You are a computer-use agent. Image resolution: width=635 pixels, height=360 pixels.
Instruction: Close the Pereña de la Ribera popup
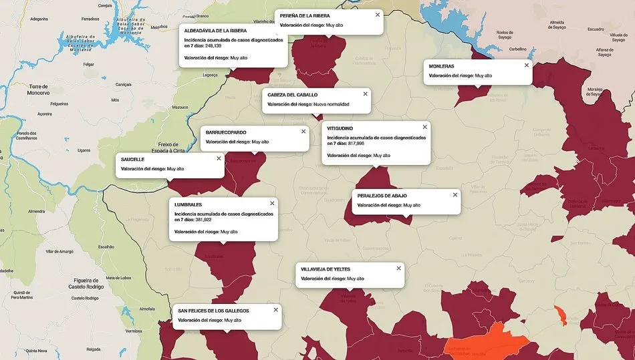[x=377, y=14]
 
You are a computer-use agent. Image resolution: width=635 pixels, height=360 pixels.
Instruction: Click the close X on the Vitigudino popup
[x=424, y=127]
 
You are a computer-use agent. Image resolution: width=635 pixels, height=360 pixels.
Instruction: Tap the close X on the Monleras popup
[x=526, y=65]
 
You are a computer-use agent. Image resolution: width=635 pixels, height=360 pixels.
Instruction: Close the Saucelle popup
[x=219, y=159]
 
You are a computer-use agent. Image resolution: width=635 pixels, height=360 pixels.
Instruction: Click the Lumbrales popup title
[x=188, y=204]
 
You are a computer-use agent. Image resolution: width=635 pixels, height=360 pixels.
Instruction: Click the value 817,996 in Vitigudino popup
[x=356, y=144]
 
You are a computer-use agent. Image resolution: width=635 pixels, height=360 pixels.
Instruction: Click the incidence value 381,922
[x=203, y=220]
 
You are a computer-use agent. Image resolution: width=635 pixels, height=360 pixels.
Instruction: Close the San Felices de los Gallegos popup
[x=275, y=310]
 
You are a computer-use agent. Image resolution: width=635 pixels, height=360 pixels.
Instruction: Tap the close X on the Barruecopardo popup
[x=303, y=132]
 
